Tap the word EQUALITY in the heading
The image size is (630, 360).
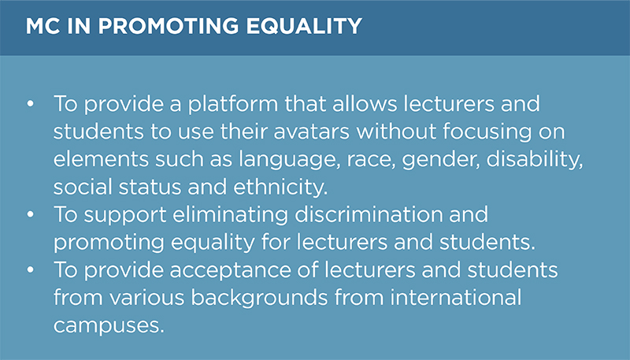point(304,26)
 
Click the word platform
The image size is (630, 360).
point(233,105)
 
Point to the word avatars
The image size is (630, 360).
point(311,132)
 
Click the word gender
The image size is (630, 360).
point(441,160)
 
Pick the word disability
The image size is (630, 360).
point(535,159)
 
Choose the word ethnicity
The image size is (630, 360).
point(280,187)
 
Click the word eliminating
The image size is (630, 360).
point(230,215)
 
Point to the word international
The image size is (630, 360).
point(456,297)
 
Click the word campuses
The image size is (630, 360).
point(109,326)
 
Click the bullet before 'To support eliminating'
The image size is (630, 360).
point(31,214)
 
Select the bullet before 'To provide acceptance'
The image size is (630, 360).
point(31,270)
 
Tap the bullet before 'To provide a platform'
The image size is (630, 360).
point(31,104)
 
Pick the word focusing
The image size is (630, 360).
point(487,132)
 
